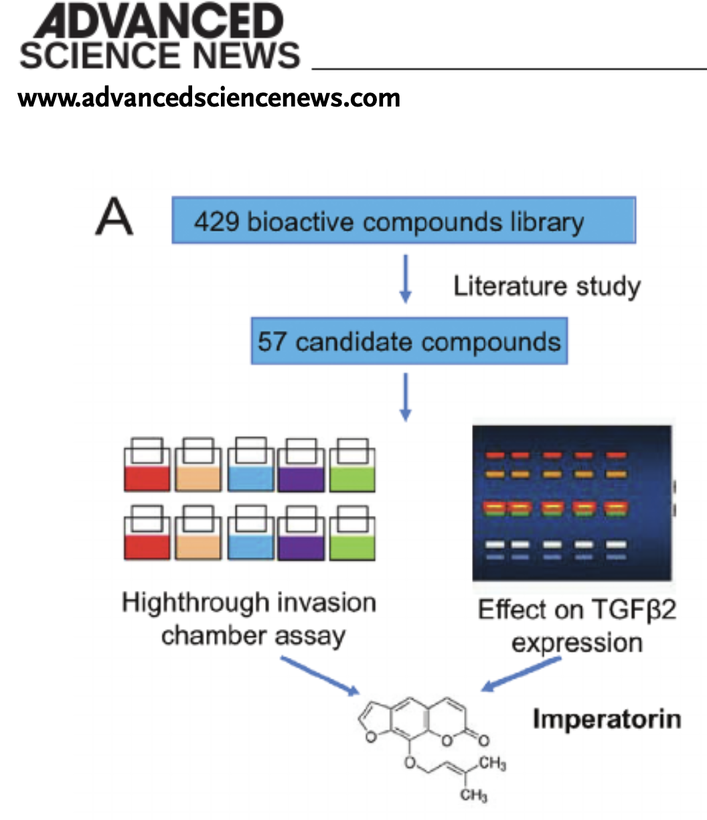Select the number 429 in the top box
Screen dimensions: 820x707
(217, 222)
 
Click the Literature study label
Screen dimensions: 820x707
(547, 286)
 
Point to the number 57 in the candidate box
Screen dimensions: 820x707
(272, 342)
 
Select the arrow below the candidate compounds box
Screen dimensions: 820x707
(405, 397)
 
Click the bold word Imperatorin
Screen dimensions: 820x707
(607, 719)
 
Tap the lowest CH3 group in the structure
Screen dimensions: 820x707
(473, 796)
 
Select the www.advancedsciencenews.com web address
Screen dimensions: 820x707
(209, 98)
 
